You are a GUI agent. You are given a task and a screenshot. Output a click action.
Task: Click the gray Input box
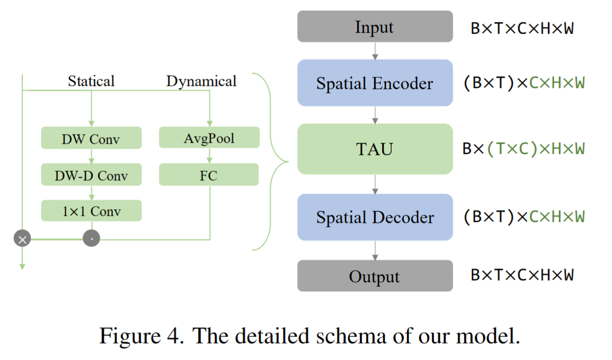coord(375,26)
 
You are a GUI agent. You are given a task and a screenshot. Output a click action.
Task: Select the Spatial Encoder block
coord(375,83)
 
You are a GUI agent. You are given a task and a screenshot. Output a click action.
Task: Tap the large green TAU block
coord(375,149)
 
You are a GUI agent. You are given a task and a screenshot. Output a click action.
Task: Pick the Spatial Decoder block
coord(375,217)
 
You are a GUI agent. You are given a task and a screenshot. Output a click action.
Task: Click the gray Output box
coord(375,276)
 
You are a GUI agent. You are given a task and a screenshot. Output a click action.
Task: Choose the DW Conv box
coord(91,138)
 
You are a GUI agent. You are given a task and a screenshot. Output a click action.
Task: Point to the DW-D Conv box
coord(91,175)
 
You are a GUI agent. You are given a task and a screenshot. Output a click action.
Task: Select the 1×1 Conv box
coord(91,211)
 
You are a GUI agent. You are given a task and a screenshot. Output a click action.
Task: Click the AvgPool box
coord(209,138)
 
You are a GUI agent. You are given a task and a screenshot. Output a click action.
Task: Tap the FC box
coord(209,175)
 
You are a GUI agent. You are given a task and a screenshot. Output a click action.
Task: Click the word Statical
coord(91,81)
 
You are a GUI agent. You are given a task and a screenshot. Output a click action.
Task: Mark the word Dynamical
coord(201,81)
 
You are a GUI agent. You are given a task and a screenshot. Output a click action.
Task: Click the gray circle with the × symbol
coord(22,238)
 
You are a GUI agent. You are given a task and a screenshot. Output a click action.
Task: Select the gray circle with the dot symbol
coord(91,238)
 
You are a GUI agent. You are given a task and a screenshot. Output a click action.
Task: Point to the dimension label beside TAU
coord(523,149)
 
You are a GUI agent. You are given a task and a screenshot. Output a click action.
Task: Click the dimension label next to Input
coord(522,28)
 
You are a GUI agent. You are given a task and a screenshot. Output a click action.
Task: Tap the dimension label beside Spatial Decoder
coord(524,217)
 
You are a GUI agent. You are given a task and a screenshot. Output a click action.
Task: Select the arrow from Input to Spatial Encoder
coord(375,50)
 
